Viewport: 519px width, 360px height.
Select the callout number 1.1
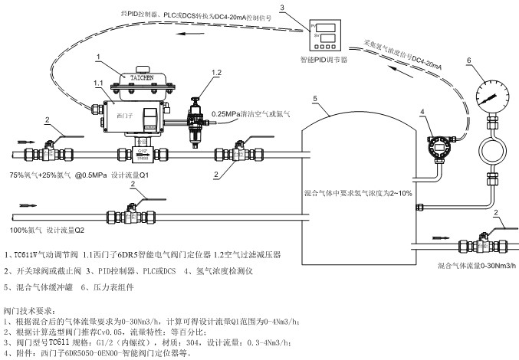99,81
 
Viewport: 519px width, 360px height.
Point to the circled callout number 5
314,99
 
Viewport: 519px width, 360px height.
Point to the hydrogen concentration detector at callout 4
439,147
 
